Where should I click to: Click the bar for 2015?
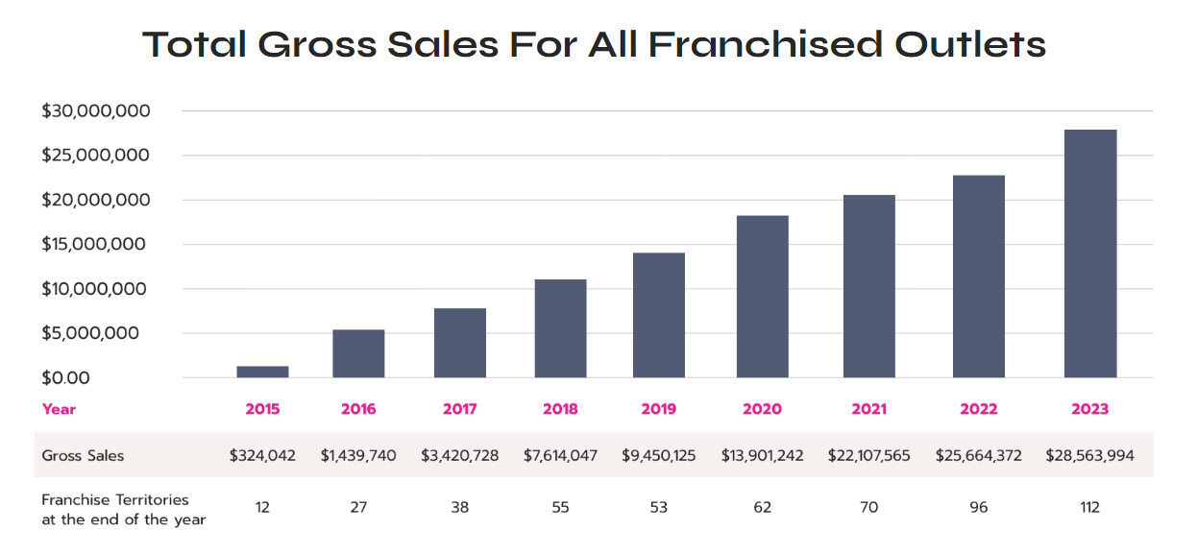[262, 372]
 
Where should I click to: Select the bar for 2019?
[658, 315]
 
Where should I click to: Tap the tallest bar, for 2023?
[1090, 253]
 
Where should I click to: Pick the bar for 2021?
[868, 286]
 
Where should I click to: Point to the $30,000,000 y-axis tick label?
[96, 111]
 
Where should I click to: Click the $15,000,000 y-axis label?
[96, 244]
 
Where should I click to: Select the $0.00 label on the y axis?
[65, 378]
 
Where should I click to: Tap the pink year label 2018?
[560, 409]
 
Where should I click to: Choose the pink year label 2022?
[978, 409]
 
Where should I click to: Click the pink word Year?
[59, 409]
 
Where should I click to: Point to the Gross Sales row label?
[83, 456]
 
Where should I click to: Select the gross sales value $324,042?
[262, 456]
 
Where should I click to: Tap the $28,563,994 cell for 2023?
[1089, 456]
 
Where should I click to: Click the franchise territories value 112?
[1089, 507]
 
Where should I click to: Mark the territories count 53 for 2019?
[658, 507]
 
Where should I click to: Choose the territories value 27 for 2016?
[358, 507]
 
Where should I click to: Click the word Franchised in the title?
[765, 44]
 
